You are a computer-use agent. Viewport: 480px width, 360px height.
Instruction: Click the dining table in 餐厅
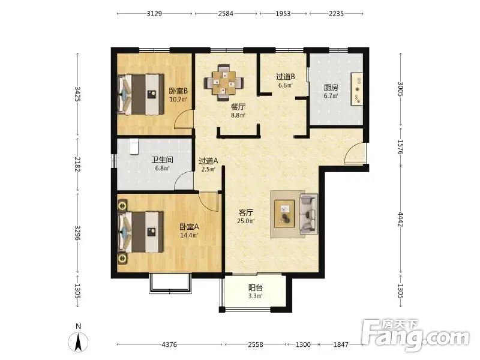224,83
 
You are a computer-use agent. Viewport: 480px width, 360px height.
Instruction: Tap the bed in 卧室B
141,94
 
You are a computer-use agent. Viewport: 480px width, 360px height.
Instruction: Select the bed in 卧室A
141,232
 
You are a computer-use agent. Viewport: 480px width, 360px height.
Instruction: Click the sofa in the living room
308,214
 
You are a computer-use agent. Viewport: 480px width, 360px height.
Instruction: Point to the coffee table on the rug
284,214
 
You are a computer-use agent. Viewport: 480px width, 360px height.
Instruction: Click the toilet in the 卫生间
133,146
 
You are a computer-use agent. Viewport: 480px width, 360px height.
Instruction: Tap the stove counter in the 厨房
357,89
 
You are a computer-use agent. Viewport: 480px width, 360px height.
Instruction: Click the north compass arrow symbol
79,341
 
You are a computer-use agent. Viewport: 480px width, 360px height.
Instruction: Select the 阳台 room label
256,288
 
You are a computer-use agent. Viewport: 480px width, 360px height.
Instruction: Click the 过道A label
208,161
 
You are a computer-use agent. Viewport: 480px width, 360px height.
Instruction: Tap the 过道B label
286,77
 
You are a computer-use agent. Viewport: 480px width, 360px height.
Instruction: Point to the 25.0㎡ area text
246,221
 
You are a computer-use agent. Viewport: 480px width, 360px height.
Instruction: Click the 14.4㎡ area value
189,235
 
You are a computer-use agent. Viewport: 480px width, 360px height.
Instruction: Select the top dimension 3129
154,13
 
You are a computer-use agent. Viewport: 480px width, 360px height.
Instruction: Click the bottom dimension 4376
169,344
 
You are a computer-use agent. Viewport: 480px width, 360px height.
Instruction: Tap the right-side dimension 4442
401,220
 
